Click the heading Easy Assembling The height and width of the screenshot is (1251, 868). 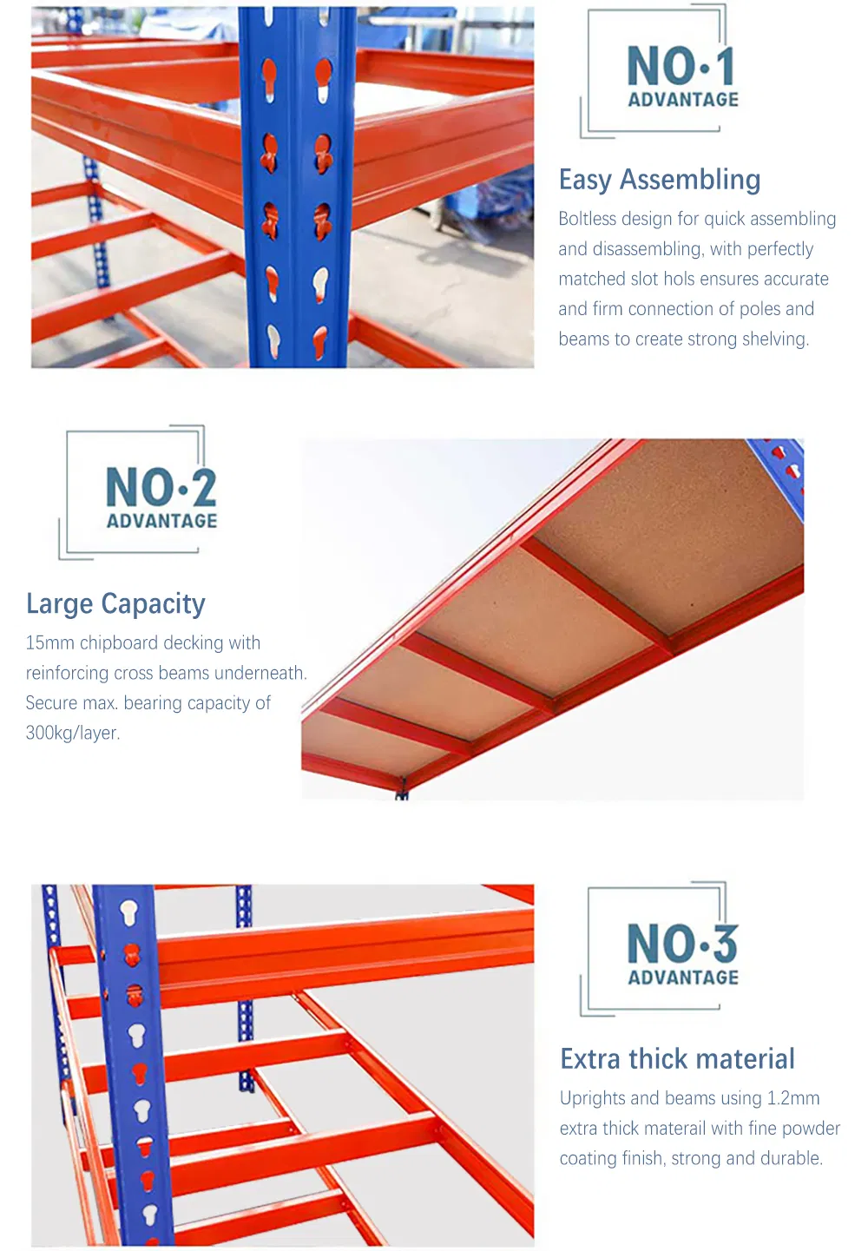[x=660, y=180]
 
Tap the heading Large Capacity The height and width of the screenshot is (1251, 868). [x=115, y=604]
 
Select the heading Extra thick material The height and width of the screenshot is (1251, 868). [x=677, y=1059]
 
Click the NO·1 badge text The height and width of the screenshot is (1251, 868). [x=681, y=66]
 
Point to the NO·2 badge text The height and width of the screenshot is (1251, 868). [x=161, y=487]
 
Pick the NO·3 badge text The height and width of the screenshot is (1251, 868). [x=682, y=944]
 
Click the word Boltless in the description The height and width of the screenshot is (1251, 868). [x=587, y=219]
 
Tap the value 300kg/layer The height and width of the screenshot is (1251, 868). [x=73, y=733]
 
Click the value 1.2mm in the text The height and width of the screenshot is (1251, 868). [x=793, y=1098]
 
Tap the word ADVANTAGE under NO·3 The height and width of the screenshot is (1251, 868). [x=683, y=978]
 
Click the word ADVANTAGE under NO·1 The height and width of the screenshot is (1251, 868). [x=683, y=100]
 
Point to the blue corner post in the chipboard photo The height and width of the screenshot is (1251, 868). [x=781, y=469]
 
